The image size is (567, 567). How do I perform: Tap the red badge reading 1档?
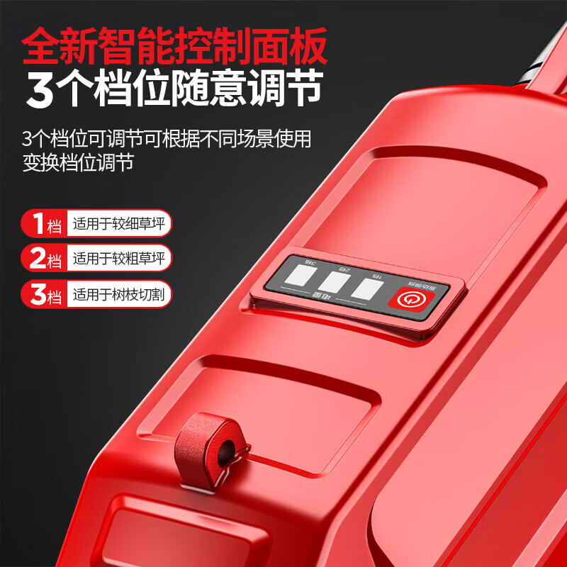point(43,224)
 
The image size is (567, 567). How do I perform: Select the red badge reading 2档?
point(43,259)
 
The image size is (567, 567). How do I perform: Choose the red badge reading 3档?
point(43,293)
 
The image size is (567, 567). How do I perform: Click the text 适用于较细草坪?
point(118,225)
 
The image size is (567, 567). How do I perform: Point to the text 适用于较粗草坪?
point(118,259)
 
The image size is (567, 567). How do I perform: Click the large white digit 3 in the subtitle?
point(40,91)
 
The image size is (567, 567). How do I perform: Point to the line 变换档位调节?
point(77,162)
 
